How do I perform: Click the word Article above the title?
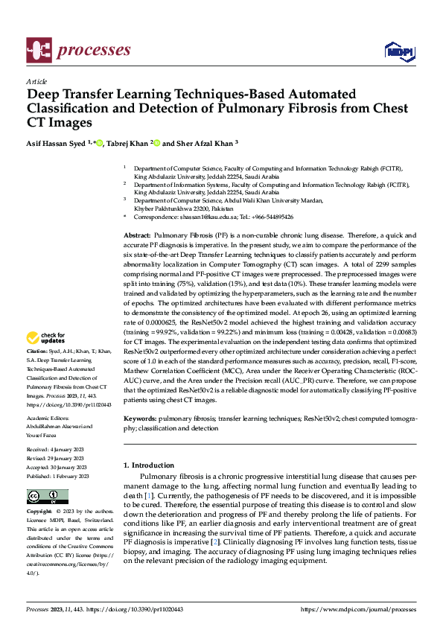tap(36, 81)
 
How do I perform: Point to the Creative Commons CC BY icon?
tap(47, 497)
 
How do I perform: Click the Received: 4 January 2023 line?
tap(57, 451)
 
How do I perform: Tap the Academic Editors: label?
tap(49, 418)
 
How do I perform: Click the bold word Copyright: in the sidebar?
tap(39, 512)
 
